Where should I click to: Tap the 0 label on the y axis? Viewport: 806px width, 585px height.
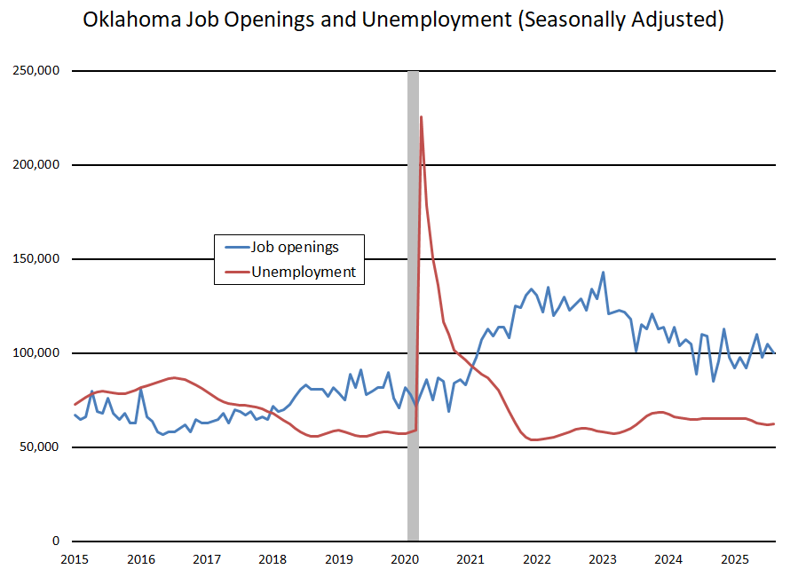tap(54, 542)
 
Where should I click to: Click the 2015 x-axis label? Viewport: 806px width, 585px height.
tap(74, 559)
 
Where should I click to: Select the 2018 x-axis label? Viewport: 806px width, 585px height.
tap(273, 559)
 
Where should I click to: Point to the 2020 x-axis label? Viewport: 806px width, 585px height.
tap(405, 559)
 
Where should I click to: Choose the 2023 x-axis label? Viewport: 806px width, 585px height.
tap(603, 559)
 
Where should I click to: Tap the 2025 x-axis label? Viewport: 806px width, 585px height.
tap(735, 559)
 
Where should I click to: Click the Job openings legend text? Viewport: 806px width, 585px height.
tap(296, 247)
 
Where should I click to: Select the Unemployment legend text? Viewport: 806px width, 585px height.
tap(304, 272)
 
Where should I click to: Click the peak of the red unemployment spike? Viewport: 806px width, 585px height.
tap(421, 116)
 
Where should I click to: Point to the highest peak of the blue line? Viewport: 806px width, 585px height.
tap(603, 273)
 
